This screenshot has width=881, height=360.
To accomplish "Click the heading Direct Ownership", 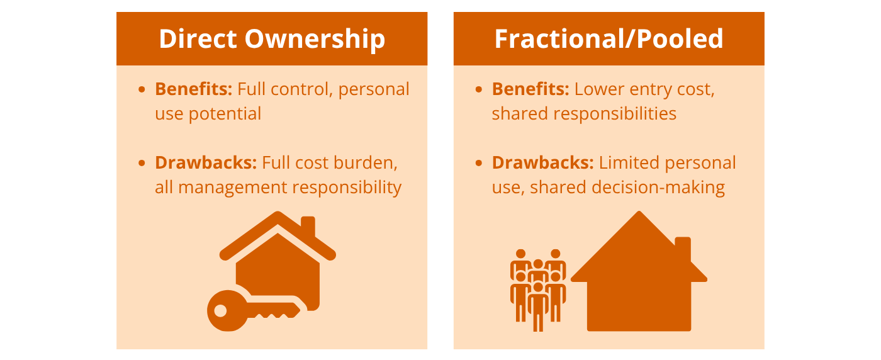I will [272, 39].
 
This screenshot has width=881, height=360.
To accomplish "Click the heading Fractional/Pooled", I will [609, 39].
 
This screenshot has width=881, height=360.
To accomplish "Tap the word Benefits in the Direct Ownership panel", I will [193, 89].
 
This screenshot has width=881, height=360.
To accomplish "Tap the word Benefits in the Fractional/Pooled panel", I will [530, 89].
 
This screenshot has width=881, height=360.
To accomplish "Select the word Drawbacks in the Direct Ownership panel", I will [205, 163].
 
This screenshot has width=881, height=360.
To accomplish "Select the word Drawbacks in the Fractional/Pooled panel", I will [542, 163].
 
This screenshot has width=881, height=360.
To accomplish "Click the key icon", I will [252, 310].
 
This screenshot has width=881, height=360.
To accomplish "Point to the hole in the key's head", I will [220, 310].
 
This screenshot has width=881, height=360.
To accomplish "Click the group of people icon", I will [538, 286].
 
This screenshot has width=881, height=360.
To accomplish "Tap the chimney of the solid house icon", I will [682, 249].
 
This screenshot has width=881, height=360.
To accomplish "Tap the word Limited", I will [629, 163].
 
